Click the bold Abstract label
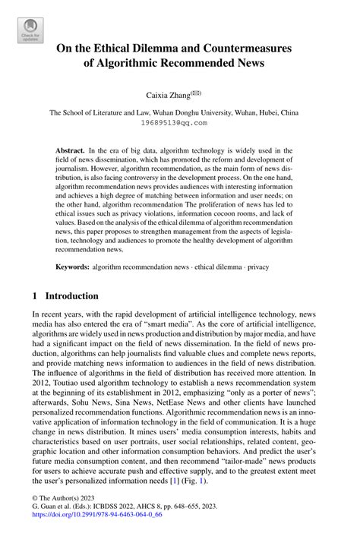coord(71,151)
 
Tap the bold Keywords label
coord(74,267)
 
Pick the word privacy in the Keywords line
coord(256,267)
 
